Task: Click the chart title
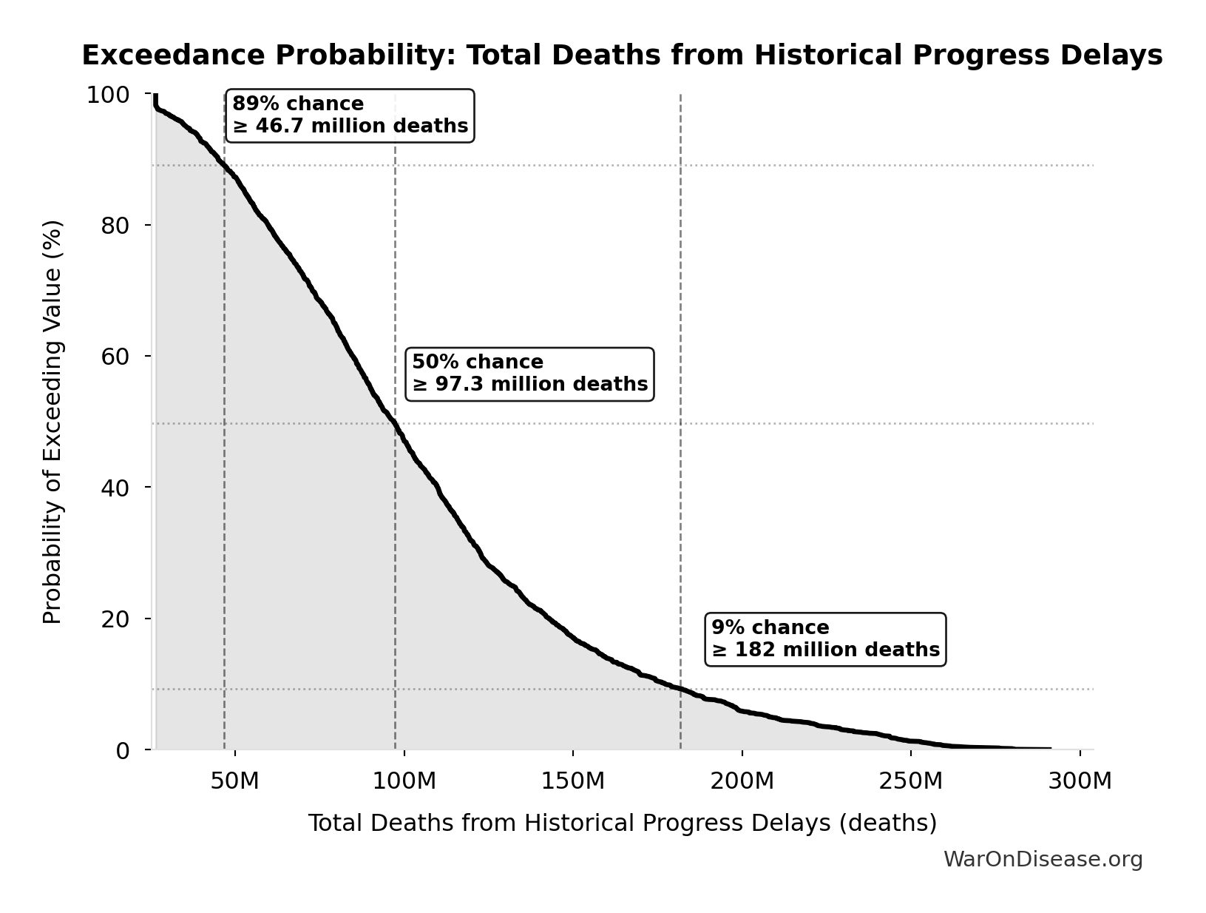pyautogui.click(x=622, y=55)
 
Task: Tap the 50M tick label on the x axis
pyautogui.click(x=234, y=781)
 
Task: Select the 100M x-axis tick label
pyautogui.click(x=404, y=781)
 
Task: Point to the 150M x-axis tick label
pyautogui.click(x=572, y=781)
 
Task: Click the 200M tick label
pyautogui.click(x=742, y=781)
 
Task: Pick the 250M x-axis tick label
pyautogui.click(x=910, y=781)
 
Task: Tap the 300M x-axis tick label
pyautogui.click(x=1080, y=781)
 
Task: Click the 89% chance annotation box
pyautogui.click(x=350, y=115)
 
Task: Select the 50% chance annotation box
pyautogui.click(x=529, y=374)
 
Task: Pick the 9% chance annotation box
pyautogui.click(x=825, y=639)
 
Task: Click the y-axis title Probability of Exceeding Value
pyautogui.click(x=52, y=422)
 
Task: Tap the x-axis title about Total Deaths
pyautogui.click(x=622, y=823)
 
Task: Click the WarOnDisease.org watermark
pyautogui.click(x=1043, y=859)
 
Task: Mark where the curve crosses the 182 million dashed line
pyautogui.click(x=680, y=689)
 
